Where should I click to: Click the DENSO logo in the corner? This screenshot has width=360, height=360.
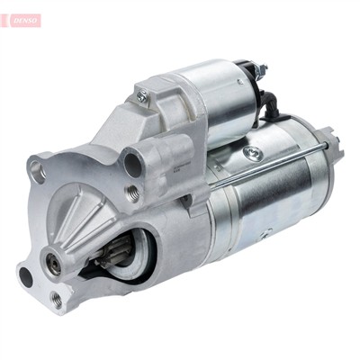[x=21, y=20]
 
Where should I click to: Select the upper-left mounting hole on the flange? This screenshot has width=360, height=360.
[x=37, y=168]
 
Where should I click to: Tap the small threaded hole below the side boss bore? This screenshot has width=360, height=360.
[x=132, y=192]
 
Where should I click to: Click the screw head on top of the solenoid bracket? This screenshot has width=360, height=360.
[x=142, y=94]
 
